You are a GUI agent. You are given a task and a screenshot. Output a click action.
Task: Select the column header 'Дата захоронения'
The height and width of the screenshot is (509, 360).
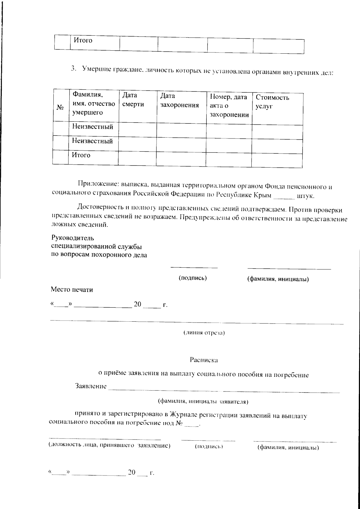[179, 100]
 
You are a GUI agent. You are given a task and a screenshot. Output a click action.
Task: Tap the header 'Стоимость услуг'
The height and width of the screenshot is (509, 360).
[272, 102]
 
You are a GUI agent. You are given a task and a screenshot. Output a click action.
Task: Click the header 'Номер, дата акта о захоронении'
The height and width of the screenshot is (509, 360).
[229, 106]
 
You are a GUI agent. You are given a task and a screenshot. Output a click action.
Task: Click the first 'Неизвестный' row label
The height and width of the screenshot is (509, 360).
[92, 127]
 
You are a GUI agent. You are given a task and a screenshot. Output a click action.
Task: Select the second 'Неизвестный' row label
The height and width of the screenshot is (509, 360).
[92, 141]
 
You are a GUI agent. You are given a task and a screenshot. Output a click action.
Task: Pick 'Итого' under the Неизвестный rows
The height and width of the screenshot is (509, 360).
[81, 155]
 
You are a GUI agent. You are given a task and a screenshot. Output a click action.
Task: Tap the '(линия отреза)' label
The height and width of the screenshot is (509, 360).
[204, 333]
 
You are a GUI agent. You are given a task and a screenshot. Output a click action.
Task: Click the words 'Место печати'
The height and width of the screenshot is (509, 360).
[72, 290]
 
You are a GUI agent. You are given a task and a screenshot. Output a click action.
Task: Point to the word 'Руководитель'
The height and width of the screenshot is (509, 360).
[73, 238]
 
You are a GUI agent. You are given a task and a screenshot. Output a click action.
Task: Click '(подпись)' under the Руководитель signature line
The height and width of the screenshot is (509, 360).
[193, 278]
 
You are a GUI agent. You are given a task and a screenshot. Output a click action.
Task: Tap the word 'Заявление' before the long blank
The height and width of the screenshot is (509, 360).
[91, 386]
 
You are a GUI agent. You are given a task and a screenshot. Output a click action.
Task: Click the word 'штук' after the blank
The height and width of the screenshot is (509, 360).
[305, 197]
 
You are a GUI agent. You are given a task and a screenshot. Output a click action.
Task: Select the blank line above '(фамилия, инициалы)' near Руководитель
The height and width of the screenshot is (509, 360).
[289, 269]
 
